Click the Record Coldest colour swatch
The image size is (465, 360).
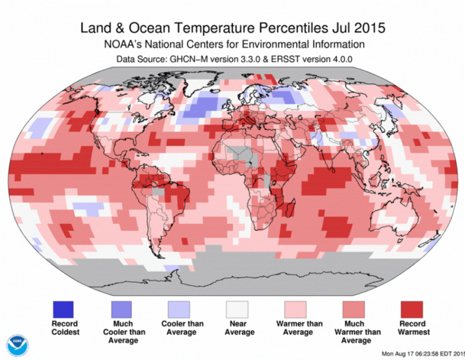pos(64,309)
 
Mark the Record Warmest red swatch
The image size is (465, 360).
pos(412,309)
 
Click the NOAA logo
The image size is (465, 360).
pos(15,345)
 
